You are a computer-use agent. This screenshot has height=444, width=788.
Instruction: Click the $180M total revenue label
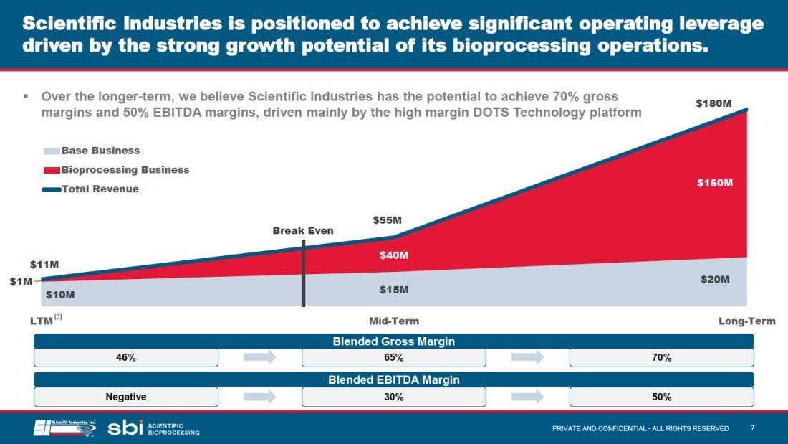[x=713, y=103]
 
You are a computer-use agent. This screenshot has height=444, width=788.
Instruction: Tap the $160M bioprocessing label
[x=715, y=183]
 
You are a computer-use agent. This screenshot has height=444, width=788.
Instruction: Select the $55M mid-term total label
[x=387, y=220]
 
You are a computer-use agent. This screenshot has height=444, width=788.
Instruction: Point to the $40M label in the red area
[x=394, y=255]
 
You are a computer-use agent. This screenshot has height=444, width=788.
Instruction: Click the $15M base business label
[x=394, y=290]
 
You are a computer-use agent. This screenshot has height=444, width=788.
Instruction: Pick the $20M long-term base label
[x=715, y=280]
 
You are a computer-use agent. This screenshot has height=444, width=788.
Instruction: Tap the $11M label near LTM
[x=44, y=264]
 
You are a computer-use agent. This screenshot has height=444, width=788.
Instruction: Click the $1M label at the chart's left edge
[x=21, y=281]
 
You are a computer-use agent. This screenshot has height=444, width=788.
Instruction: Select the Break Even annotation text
[x=303, y=230]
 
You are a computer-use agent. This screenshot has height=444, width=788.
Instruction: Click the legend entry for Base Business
[x=92, y=151]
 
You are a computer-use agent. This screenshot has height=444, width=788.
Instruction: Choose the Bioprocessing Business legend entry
[x=116, y=170]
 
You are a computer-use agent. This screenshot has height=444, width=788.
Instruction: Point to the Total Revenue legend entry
[x=90, y=189]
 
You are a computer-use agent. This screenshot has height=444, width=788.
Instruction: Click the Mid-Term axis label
[x=394, y=321]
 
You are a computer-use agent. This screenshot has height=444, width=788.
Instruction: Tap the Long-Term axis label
[x=746, y=321]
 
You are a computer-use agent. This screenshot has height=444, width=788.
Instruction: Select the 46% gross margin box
[x=126, y=357]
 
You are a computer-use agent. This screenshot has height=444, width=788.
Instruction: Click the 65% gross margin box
[x=394, y=357]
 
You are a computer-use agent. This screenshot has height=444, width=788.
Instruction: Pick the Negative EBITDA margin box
[x=126, y=397]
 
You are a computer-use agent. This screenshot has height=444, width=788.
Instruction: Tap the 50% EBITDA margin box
[x=662, y=397]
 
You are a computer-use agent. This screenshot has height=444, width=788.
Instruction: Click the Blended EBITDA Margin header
[x=394, y=379]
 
